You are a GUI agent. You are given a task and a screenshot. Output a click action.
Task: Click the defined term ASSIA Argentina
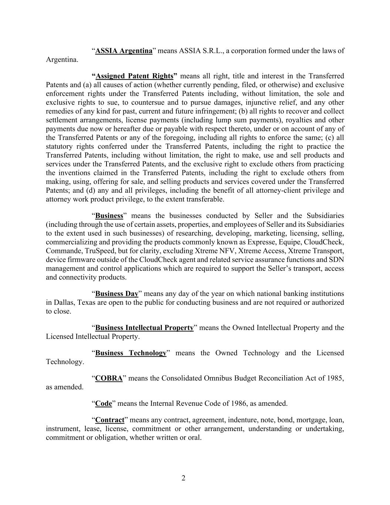pos(124,51)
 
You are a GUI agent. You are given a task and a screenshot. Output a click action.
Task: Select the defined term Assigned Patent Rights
pos(135,76)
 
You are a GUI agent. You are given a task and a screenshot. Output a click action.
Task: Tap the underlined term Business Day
pos(116,294)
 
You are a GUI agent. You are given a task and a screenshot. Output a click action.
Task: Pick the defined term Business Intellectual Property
pos(144,328)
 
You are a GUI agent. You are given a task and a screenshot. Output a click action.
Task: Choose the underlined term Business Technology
pos(131,353)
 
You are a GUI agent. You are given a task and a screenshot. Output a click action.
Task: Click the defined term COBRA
pos(109,378)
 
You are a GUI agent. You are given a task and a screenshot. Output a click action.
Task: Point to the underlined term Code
pos(104,404)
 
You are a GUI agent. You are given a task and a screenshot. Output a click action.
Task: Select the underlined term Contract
pos(109,420)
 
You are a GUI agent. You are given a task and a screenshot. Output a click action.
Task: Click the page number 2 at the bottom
pos(183,478)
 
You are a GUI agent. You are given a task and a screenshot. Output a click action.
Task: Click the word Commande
pos(60,251)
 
